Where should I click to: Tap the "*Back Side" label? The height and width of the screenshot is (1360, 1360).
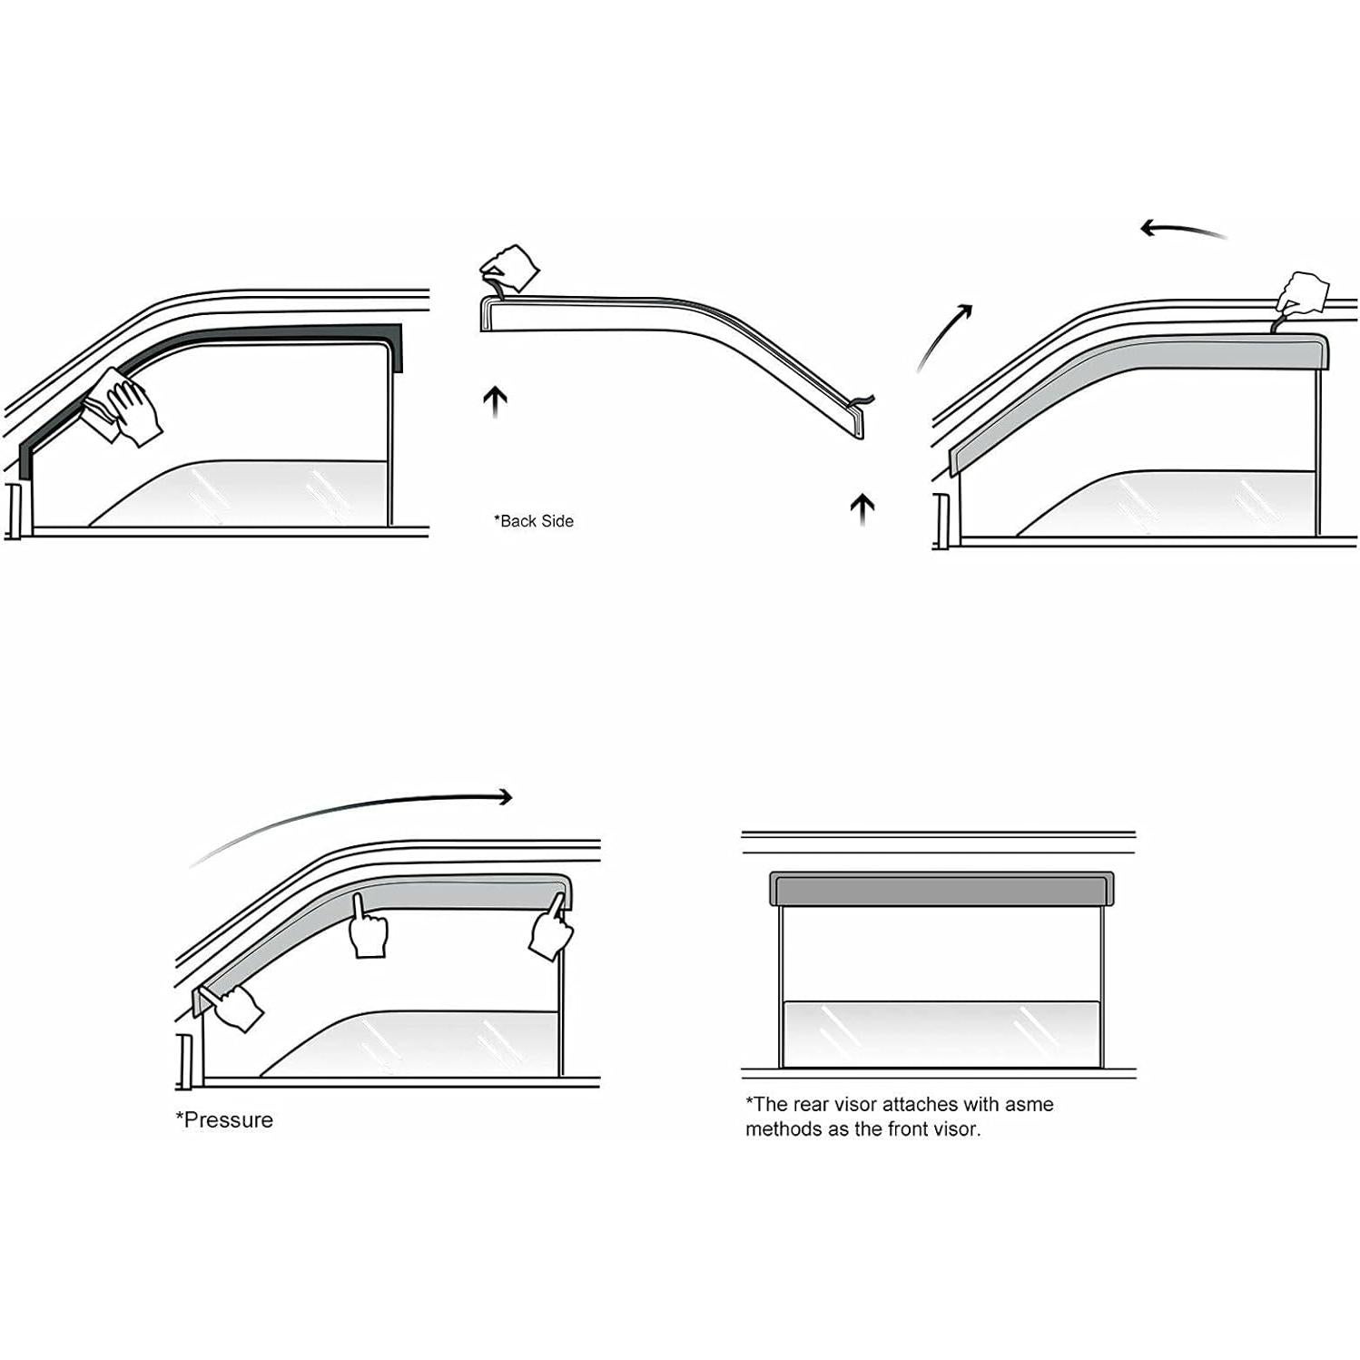point(534,521)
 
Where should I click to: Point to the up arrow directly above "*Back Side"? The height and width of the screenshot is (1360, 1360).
point(495,400)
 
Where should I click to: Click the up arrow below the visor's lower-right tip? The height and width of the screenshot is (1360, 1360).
point(862,508)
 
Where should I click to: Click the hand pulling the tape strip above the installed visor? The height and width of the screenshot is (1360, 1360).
point(1302,294)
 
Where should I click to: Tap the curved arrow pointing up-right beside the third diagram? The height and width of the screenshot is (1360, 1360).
point(944,336)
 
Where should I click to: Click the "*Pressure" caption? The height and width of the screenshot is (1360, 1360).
point(224,1120)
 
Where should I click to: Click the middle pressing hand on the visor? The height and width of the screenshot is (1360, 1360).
point(368,930)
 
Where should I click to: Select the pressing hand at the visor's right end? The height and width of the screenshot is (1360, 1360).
point(551,926)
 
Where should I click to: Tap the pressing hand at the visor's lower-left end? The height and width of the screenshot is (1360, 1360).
point(236,1006)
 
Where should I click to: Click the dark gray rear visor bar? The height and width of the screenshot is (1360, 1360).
point(941,890)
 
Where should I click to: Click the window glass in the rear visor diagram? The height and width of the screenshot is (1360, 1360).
point(941,1033)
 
